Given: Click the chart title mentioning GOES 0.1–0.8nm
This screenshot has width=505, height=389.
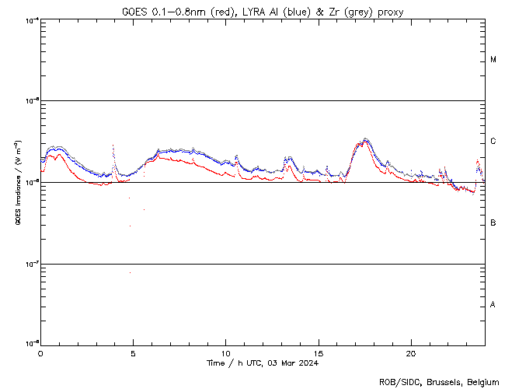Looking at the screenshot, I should coord(263,12).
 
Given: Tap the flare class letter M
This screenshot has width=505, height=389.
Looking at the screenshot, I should coord(493,60).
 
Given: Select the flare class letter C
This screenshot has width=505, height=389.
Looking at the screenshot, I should coord(493,142).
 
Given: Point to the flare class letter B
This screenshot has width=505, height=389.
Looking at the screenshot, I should coord(493,223).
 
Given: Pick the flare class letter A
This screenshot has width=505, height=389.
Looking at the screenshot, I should coord(493,305).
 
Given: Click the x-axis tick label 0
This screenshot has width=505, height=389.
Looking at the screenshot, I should coord(40,353).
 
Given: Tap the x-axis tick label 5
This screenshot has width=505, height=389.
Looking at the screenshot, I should coord(133,353).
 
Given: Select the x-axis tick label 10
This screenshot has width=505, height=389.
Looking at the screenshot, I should coord(225,353).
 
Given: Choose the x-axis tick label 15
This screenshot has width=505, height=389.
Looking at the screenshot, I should coord(318,353).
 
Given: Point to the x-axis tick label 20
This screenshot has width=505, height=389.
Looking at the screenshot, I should coord(410,353).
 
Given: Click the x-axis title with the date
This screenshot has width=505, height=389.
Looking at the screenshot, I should coord(263,363).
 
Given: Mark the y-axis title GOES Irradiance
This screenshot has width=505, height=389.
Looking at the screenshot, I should coord(17,183).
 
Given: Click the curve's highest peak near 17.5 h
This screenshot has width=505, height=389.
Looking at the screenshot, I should coord(365,139).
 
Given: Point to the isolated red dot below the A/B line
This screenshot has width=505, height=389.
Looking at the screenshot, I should coord(130,272).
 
